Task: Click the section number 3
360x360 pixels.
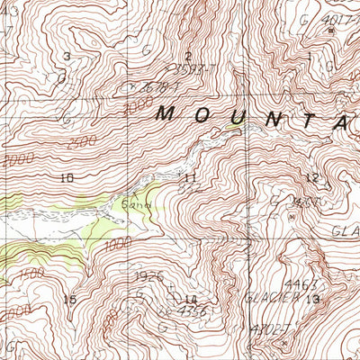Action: click(x=67, y=57)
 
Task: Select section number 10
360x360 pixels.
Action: click(x=66, y=178)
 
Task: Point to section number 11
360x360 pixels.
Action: click(x=189, y=178)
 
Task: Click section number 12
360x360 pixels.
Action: click(x=312, y=177)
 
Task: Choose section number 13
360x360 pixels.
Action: click(x=312, y=298)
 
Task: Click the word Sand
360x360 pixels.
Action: click(x=131, y=204)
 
